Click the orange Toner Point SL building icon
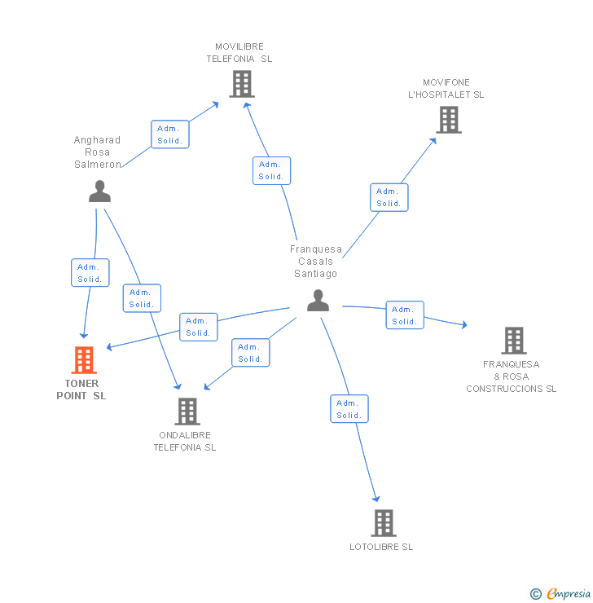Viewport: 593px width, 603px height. tap(84, 359)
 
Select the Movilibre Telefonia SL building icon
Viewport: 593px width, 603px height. tap(241, 83)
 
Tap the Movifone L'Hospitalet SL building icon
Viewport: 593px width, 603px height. tap(448, 120)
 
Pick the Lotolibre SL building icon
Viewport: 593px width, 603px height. tap(383, 522)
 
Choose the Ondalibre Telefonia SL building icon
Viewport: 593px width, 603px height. tap(187, 412)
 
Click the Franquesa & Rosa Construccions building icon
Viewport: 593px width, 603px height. tap(513, 341)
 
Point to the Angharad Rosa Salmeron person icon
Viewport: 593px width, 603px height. tap(99, 191)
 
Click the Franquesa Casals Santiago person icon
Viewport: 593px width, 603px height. tap(318, 301)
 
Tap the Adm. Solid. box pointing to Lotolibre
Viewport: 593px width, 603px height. tap(349, 409)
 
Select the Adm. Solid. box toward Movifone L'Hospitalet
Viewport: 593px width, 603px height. tap(389, 198)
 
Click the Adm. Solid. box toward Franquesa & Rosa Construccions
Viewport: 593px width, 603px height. tap(405, 315)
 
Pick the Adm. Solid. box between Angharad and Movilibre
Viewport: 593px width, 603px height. tap(170, 134)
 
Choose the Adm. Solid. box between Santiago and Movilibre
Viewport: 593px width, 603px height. tap(271, 170)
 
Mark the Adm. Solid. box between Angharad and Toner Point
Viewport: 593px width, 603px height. tap(90, 273)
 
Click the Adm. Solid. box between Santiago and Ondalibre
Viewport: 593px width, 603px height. tap(250, 353)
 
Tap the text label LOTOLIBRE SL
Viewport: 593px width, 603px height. tap(381, 547)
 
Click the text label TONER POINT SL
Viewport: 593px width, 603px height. tap(81, 390)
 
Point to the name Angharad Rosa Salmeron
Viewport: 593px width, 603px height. tap(97, 152)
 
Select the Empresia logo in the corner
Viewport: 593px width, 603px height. tap(561, 594)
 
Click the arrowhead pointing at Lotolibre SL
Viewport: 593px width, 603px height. tap(376, 499)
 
